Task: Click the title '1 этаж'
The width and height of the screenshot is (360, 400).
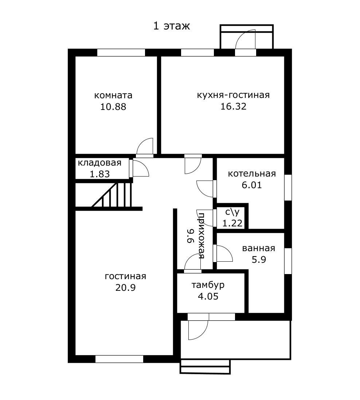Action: [172, 26]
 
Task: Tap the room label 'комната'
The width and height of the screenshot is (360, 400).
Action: [113, 95]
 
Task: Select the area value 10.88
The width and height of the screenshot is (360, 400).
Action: [113, 107]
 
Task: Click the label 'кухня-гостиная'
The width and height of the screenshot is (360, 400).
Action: [233, 95]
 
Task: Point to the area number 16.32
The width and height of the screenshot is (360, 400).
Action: [233, 106]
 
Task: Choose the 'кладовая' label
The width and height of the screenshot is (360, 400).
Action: [99, 163]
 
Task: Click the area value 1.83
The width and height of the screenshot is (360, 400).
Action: [99, 174]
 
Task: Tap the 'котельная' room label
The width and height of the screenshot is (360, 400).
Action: [252, 174]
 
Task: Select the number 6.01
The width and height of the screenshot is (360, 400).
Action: [252, 185]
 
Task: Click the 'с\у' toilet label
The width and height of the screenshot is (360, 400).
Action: [232, 212]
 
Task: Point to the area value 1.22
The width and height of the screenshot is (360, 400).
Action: [232, 223]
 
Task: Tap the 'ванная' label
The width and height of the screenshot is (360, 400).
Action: [259, 248]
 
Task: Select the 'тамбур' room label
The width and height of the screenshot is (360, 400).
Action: [208, 285]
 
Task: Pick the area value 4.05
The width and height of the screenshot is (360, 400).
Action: [208, 296]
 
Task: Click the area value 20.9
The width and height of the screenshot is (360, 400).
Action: [125, 288]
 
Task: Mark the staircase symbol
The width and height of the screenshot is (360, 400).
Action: [112, 195]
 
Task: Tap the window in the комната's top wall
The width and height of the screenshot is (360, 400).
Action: [121, 52]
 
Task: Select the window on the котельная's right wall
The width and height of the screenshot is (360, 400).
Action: [288, 187]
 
